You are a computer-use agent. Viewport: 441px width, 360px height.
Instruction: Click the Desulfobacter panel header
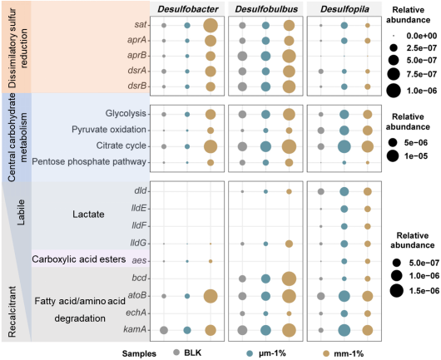click(x=187, y=9)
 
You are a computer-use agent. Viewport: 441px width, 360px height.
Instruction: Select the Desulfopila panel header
click(x=344, y=9)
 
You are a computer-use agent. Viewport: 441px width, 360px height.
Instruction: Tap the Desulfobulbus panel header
click(x=266, y=9)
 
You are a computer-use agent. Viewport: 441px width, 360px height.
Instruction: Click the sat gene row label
click(x=141, y=25)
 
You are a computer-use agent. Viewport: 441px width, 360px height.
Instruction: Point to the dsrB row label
click(x=137, y=86)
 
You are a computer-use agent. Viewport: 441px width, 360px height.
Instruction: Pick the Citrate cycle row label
click(x=121, y=145)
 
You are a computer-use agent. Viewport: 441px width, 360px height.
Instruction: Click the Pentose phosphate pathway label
click(x=89, y=162)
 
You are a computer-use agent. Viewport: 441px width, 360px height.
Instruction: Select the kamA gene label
click(x=135, y=329)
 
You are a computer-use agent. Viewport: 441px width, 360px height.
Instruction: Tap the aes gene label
click(x=140, y=260)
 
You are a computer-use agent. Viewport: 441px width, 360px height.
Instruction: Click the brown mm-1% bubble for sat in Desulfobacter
click(x=211, y=26)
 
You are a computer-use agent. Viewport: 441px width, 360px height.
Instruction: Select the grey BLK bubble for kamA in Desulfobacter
click(x=164, y=330)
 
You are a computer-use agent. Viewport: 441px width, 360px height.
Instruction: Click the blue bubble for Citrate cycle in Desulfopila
click(x=344, y=146)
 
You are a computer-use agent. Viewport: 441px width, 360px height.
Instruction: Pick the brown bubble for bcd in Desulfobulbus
click(x=289, y=279)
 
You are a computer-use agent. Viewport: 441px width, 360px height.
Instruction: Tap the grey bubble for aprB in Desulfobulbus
click(x=242, y=57)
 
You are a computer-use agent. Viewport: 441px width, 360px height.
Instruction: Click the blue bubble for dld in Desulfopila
click(x=344, y=192)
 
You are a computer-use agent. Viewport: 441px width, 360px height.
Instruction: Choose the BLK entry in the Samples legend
click(x=187, y=353)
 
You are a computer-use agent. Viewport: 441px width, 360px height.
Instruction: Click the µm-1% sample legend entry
click(x=265, y=353)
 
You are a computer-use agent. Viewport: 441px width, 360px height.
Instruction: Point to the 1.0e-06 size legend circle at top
click(x=394, y=91)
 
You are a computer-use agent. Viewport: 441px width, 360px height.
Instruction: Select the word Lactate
click(x=88, y=215)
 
